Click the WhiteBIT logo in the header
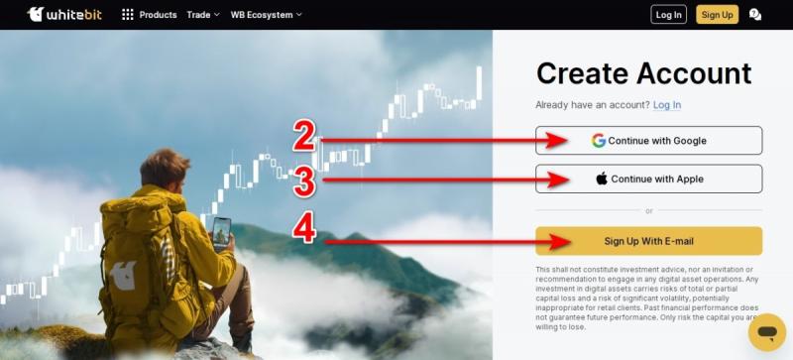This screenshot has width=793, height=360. click(64, 14)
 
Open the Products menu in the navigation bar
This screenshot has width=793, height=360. click(150, 15)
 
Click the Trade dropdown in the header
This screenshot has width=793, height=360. click(203, 15)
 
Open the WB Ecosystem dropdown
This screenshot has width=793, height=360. click(266, 15)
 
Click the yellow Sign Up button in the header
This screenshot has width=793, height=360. click(717, 15)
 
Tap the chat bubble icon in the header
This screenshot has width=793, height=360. click(755, 15)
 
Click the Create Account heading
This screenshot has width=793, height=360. click(643, 73)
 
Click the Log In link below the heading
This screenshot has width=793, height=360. click(667, 105)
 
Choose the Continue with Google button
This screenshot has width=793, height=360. click(649, 140)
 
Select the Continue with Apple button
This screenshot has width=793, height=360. click(649, 179)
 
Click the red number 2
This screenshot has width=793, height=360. click(304, 136)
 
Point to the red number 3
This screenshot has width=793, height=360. click(304, 182)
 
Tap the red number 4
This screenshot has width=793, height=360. click(304, 229)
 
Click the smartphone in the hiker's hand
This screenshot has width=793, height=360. click(221, 233)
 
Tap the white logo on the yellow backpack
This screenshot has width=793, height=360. click(123, 276)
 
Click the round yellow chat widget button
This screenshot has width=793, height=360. click(767, 332)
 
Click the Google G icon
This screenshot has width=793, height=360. click(599, 140)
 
